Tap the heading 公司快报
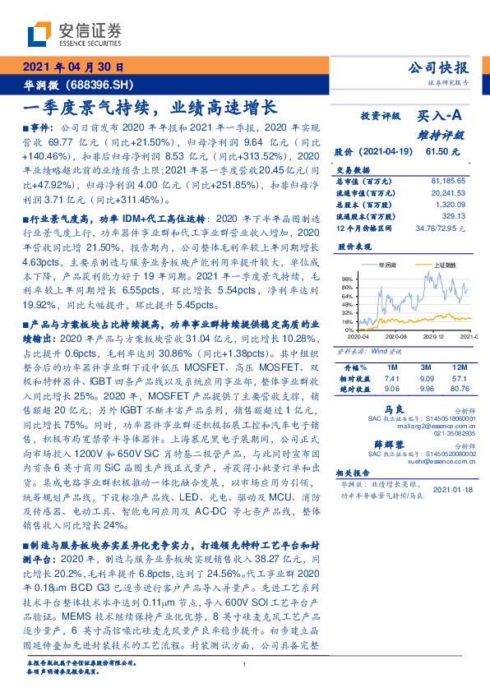[437, 67]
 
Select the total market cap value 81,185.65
[447, 179]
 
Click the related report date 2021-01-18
[451, 489]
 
